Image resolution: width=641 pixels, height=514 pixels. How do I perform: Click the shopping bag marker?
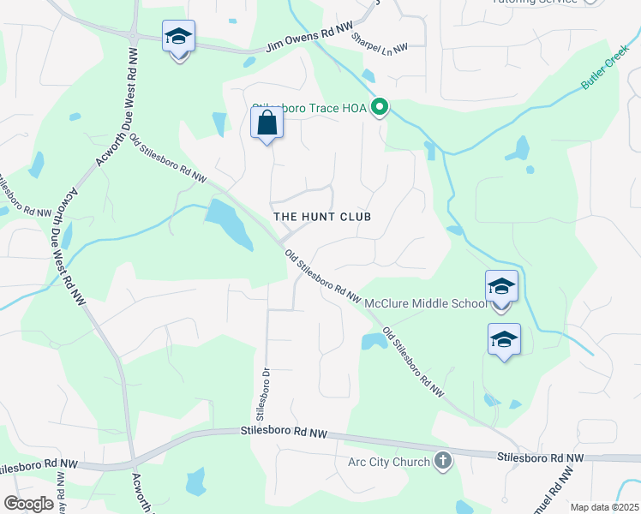point(267,123)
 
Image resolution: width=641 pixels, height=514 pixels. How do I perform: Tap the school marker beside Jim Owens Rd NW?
point(179,39)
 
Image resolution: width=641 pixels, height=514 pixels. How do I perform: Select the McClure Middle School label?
point(425,303)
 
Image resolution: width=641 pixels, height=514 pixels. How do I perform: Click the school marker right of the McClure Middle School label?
point(501,287)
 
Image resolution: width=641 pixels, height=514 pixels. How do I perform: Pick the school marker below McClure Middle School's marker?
point(504,340)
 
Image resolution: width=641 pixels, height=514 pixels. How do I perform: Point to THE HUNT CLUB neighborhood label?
point(322,217)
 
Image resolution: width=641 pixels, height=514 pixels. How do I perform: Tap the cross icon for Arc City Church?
point(442,462)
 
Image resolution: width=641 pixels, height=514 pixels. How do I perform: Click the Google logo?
point(28,504)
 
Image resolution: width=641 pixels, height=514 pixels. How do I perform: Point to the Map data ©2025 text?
point(603,507)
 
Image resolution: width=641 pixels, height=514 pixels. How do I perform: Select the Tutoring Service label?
point(536,3)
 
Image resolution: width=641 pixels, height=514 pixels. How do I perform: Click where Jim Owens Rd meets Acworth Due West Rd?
point(135,38)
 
